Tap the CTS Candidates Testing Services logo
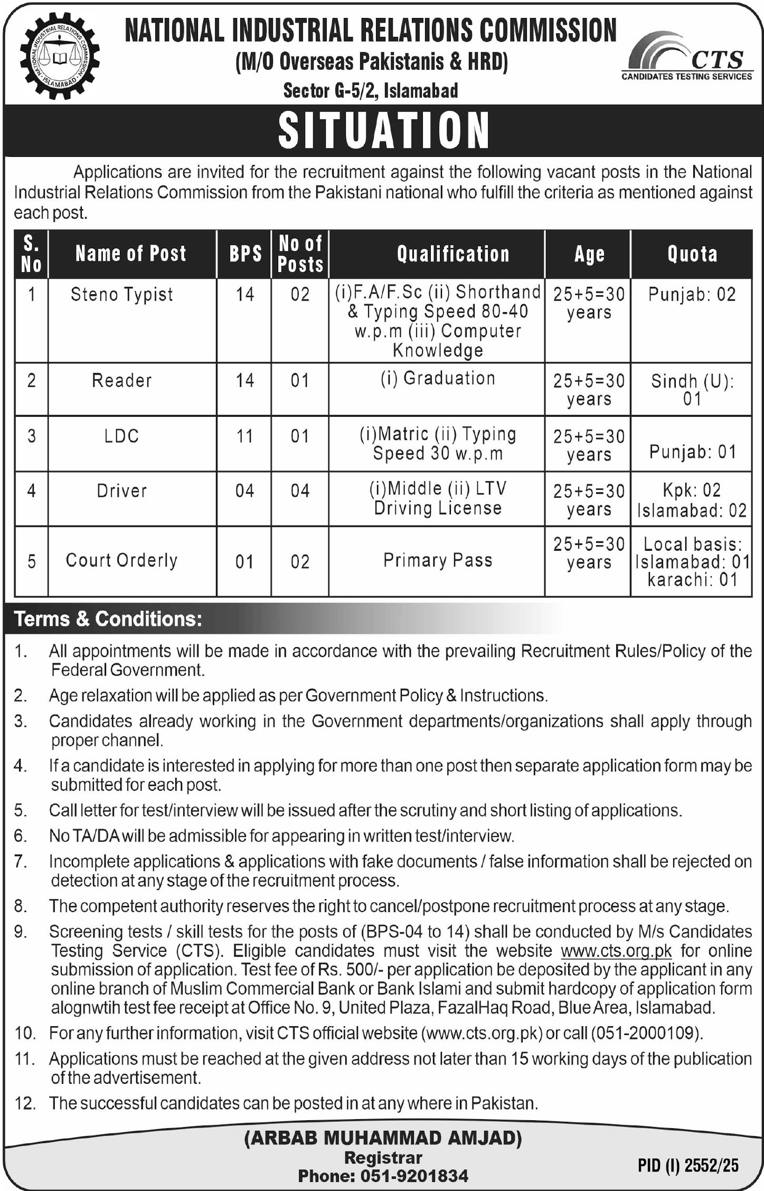687,58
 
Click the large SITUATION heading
383,130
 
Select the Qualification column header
453,254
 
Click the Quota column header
692,254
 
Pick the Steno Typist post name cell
122,295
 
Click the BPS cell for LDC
244,436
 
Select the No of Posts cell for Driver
300,491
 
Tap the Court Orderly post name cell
122,560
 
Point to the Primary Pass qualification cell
438,560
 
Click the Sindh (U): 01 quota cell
692,389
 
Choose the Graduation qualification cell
438,379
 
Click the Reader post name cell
122,380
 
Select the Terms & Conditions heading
108,619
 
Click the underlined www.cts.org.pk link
616,951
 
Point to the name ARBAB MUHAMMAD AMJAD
383,1138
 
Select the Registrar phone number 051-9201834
414,1176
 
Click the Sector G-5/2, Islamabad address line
371,91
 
